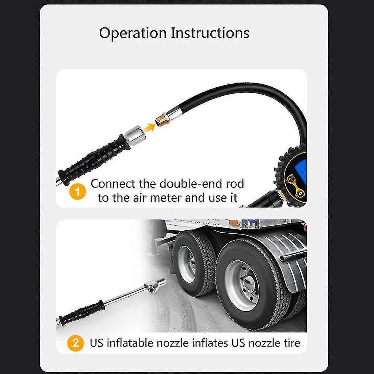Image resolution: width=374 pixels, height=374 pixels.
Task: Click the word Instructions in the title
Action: click(210, 33)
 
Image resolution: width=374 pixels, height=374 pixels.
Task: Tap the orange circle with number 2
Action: click(76, 343)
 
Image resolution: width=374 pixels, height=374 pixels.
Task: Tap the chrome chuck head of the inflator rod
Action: click(153, 285)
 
